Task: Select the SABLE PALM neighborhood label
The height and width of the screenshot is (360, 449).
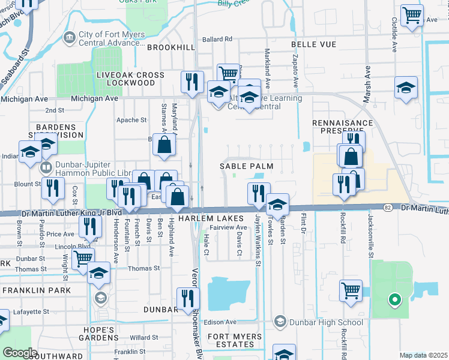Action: click(x=246, y=166)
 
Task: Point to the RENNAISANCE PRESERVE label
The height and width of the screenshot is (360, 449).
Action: click(x=342, y=126)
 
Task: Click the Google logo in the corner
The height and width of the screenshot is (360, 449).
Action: click(x=19, y=353)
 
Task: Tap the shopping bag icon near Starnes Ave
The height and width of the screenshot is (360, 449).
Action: click(x=164, y=145)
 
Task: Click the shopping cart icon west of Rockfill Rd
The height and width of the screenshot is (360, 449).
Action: click(x=351, y=290)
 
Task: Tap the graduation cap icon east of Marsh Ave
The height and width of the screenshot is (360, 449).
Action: click(x=406, y=88)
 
